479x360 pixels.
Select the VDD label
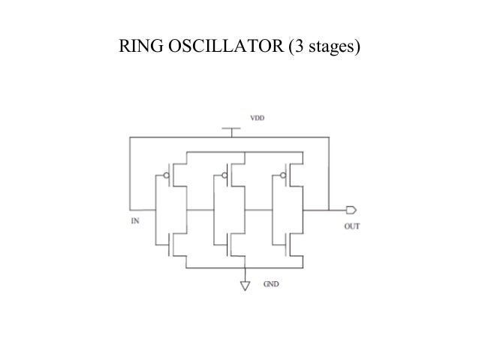click(258, 118)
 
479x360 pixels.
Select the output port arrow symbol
click(350, 210)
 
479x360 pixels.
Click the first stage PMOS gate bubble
click(166, 177)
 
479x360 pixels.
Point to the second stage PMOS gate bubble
click(224, 177)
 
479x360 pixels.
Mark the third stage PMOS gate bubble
click(283, 177)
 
